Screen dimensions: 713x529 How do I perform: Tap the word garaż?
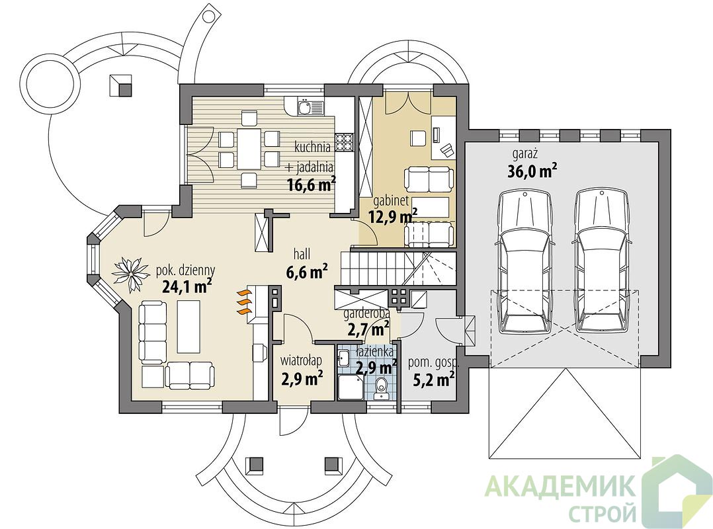click(525, 154)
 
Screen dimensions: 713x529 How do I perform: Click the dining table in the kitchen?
click(249, 148)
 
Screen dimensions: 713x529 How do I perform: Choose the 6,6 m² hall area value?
click(308, 272)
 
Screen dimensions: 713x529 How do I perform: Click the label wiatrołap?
click(301, 360)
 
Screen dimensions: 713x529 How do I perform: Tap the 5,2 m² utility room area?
click(434, 378)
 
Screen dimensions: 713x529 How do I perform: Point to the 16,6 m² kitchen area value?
click(312, 184)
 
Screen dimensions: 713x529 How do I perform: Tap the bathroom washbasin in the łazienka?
click(343, 360)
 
